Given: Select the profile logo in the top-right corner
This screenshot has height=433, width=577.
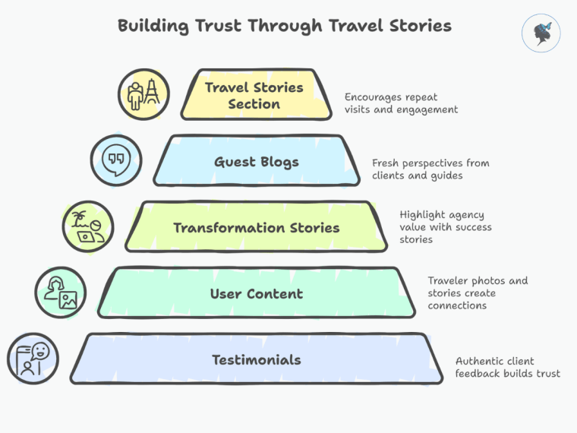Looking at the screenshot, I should click(x=541, y=34).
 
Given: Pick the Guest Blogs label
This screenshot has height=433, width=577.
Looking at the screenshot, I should click(x=256, y=162).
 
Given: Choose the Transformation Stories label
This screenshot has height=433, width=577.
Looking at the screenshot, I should click(x=256, y=228).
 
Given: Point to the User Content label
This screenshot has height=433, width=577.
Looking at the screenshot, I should click(x=256, y=294).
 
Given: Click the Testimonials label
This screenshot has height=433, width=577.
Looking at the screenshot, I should click(x=256, y=359).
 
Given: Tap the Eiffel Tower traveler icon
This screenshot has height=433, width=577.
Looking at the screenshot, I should click(x=143, y=95).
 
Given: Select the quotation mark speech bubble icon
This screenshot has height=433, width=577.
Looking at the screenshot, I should click(x=115, y=160).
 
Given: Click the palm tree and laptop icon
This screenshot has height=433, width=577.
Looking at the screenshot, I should click(x=87, y=226).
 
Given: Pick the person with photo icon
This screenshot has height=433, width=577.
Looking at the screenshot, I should click(x=61, y=292).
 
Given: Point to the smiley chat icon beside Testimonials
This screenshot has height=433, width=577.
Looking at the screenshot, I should click(x=33, y=359).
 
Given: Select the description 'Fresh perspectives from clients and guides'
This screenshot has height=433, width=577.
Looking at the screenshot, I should click(x=430, y=169).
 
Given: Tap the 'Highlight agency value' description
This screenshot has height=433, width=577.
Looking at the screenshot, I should click(x=446, y=227).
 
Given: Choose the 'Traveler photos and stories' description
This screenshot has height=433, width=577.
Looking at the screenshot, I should click(x=478, y=292).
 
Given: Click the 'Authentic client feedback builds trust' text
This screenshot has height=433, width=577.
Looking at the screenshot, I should click(x=507, y=367).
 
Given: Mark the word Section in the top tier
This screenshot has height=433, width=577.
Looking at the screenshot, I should click(x=254, y=105).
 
